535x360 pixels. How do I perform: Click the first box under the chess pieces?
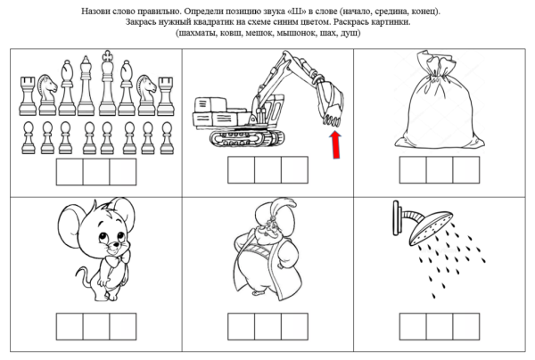tap(69, 172)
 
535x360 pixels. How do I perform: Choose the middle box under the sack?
tap(439, 171)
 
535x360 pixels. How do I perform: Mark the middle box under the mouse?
tap(95, 326)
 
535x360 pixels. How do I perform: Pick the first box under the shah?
tap(241, 326)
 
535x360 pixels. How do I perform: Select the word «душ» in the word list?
tap(351, 33)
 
